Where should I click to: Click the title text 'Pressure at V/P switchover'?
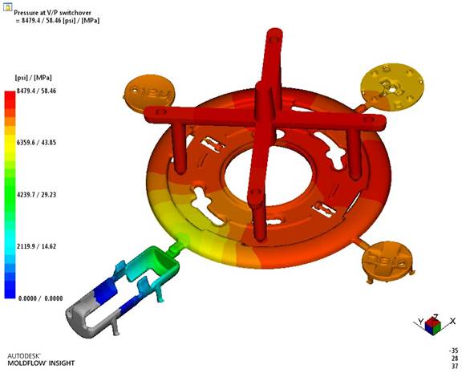(52, 13)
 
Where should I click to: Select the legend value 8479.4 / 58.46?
(36, 91)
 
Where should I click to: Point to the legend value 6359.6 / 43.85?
(36, 143)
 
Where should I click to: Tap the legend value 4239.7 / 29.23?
(36, 194)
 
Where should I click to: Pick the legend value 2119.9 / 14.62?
(36, 246)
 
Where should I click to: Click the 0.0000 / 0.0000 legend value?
(40, 298)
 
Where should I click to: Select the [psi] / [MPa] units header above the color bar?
(34, 78)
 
